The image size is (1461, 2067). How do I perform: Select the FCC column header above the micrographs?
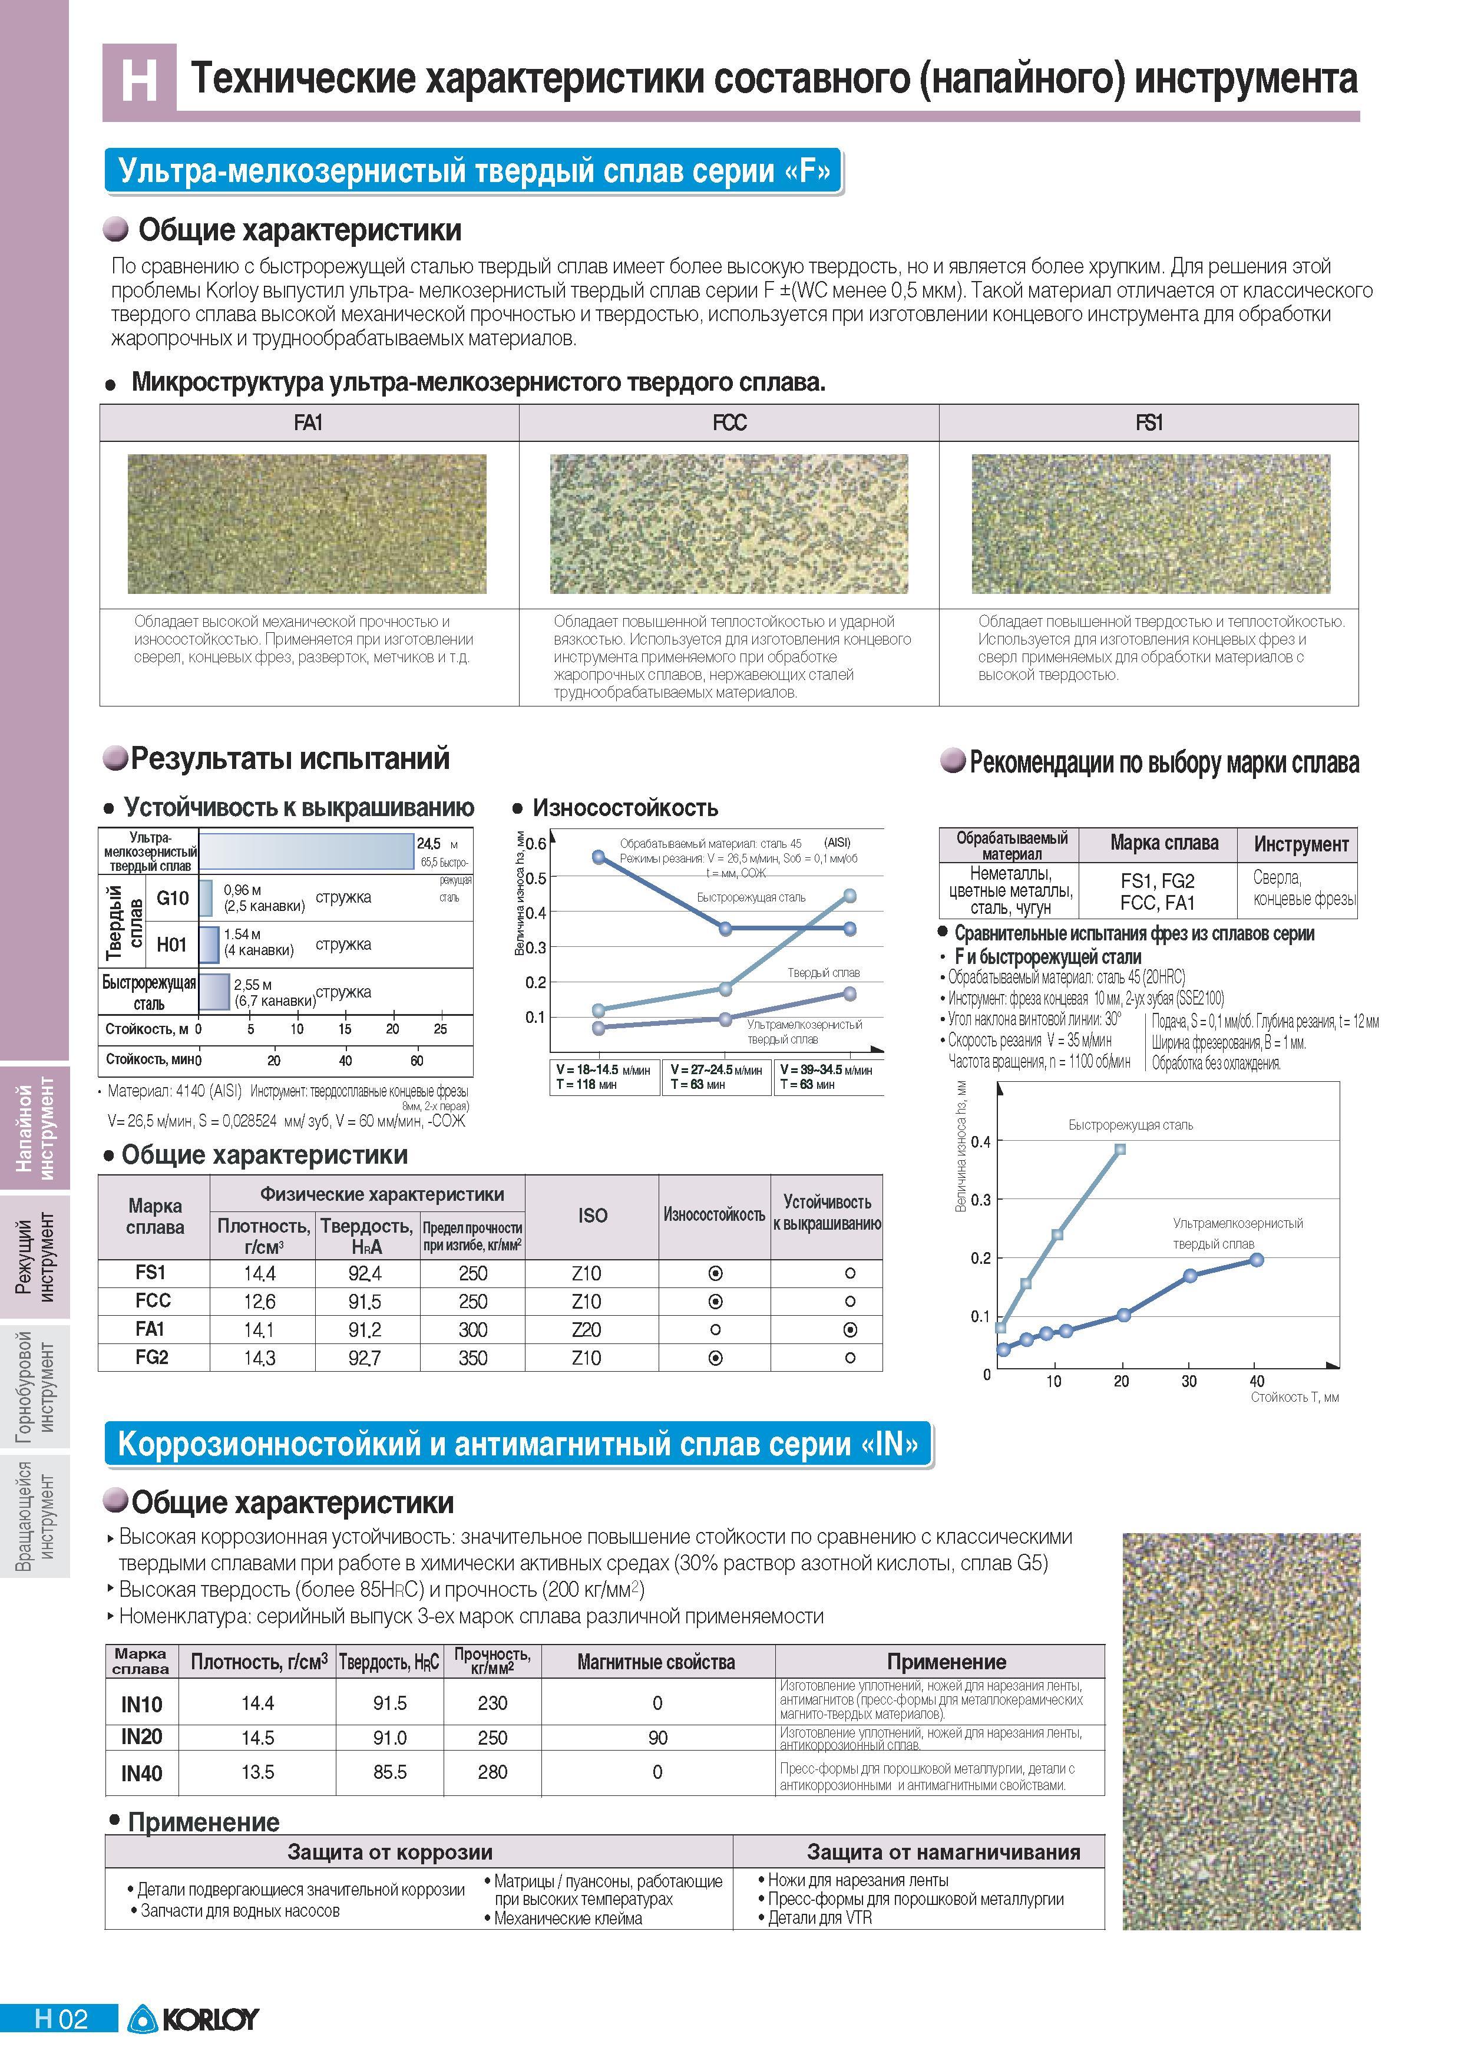(x=729, y=422)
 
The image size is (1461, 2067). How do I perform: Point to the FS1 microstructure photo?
(x=1151, y=524)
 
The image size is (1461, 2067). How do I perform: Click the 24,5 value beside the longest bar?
(x=428, y=844)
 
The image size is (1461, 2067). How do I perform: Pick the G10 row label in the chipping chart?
(x=173, y=897)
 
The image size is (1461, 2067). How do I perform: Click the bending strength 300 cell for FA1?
(x=472, y=1330)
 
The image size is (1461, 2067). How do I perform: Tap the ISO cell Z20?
(x=587, y=1330)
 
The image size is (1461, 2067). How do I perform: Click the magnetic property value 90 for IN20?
(x=658, y=1738)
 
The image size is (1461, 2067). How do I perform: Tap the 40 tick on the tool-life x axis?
(x=1257, y=1381)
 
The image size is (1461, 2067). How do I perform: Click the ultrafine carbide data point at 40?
(x=1257, y=1259)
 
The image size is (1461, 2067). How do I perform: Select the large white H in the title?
(x=140, y=80)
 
